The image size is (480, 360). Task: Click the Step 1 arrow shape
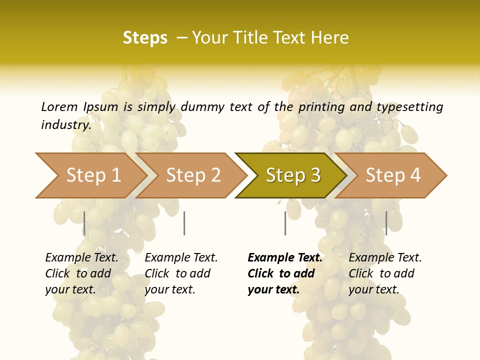90,175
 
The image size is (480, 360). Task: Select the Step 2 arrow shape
193,175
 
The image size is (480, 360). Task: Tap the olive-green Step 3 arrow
292,175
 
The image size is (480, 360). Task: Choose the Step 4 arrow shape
393,175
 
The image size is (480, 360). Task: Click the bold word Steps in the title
145,37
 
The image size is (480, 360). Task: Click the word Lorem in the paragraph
59,106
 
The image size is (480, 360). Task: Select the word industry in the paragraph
65,124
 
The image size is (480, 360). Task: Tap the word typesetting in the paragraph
409,106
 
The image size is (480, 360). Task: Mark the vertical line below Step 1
84,223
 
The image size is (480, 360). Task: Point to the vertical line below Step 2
184,223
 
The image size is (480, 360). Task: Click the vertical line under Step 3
285,223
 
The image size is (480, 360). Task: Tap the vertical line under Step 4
386,223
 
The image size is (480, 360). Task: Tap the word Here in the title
329,37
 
